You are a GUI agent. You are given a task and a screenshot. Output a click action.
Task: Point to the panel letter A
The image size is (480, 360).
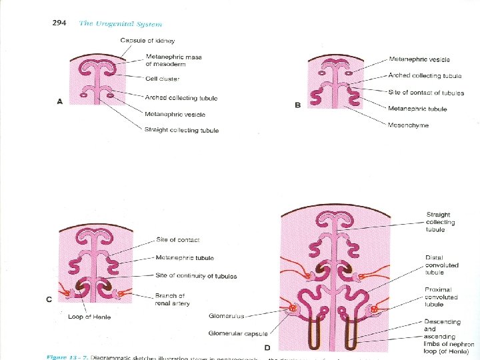tap(59, 101)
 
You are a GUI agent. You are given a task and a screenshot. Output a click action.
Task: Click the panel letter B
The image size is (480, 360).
tap(297, 105)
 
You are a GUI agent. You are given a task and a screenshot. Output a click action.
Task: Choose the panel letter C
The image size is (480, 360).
tap(49, 299)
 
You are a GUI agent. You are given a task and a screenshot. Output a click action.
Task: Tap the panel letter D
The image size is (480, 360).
tap(267, 347)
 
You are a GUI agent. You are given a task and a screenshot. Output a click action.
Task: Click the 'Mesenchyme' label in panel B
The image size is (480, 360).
tap(408, 125)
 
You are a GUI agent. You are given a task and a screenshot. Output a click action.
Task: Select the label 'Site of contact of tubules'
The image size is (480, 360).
tap(426, 93)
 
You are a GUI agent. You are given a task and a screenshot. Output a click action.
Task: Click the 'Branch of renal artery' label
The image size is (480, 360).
tap(172, 299)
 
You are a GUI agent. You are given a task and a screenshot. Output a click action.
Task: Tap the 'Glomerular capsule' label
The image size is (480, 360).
tap(237, 333)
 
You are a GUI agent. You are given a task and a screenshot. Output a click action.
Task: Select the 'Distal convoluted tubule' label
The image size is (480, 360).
tap(441, 265)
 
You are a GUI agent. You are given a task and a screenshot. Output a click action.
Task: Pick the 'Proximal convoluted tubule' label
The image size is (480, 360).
tap(441, 297)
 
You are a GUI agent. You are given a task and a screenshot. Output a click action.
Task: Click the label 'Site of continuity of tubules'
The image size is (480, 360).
tap(196, 276)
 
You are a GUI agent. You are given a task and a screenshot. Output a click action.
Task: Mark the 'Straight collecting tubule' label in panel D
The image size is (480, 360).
tap(441, 223)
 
